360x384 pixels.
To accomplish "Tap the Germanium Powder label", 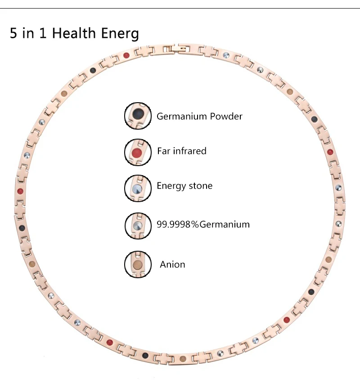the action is tap(199, 116).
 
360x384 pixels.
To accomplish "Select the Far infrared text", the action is tap(181, 151).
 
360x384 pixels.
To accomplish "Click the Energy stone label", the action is tap(184, 186).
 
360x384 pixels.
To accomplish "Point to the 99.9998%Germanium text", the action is tap(203, 224).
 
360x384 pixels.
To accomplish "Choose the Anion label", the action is tap(172, 264).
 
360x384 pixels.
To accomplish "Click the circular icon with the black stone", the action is tap(138, 116).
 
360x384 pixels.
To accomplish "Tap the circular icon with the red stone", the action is tap(138, 152).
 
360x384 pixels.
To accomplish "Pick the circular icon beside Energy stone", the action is tap(138, 188).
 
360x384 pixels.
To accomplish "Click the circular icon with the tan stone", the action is tap(138, 264).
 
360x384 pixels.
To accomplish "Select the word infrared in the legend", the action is tap(189, 151).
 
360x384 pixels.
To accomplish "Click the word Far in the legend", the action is tap(163, 151).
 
